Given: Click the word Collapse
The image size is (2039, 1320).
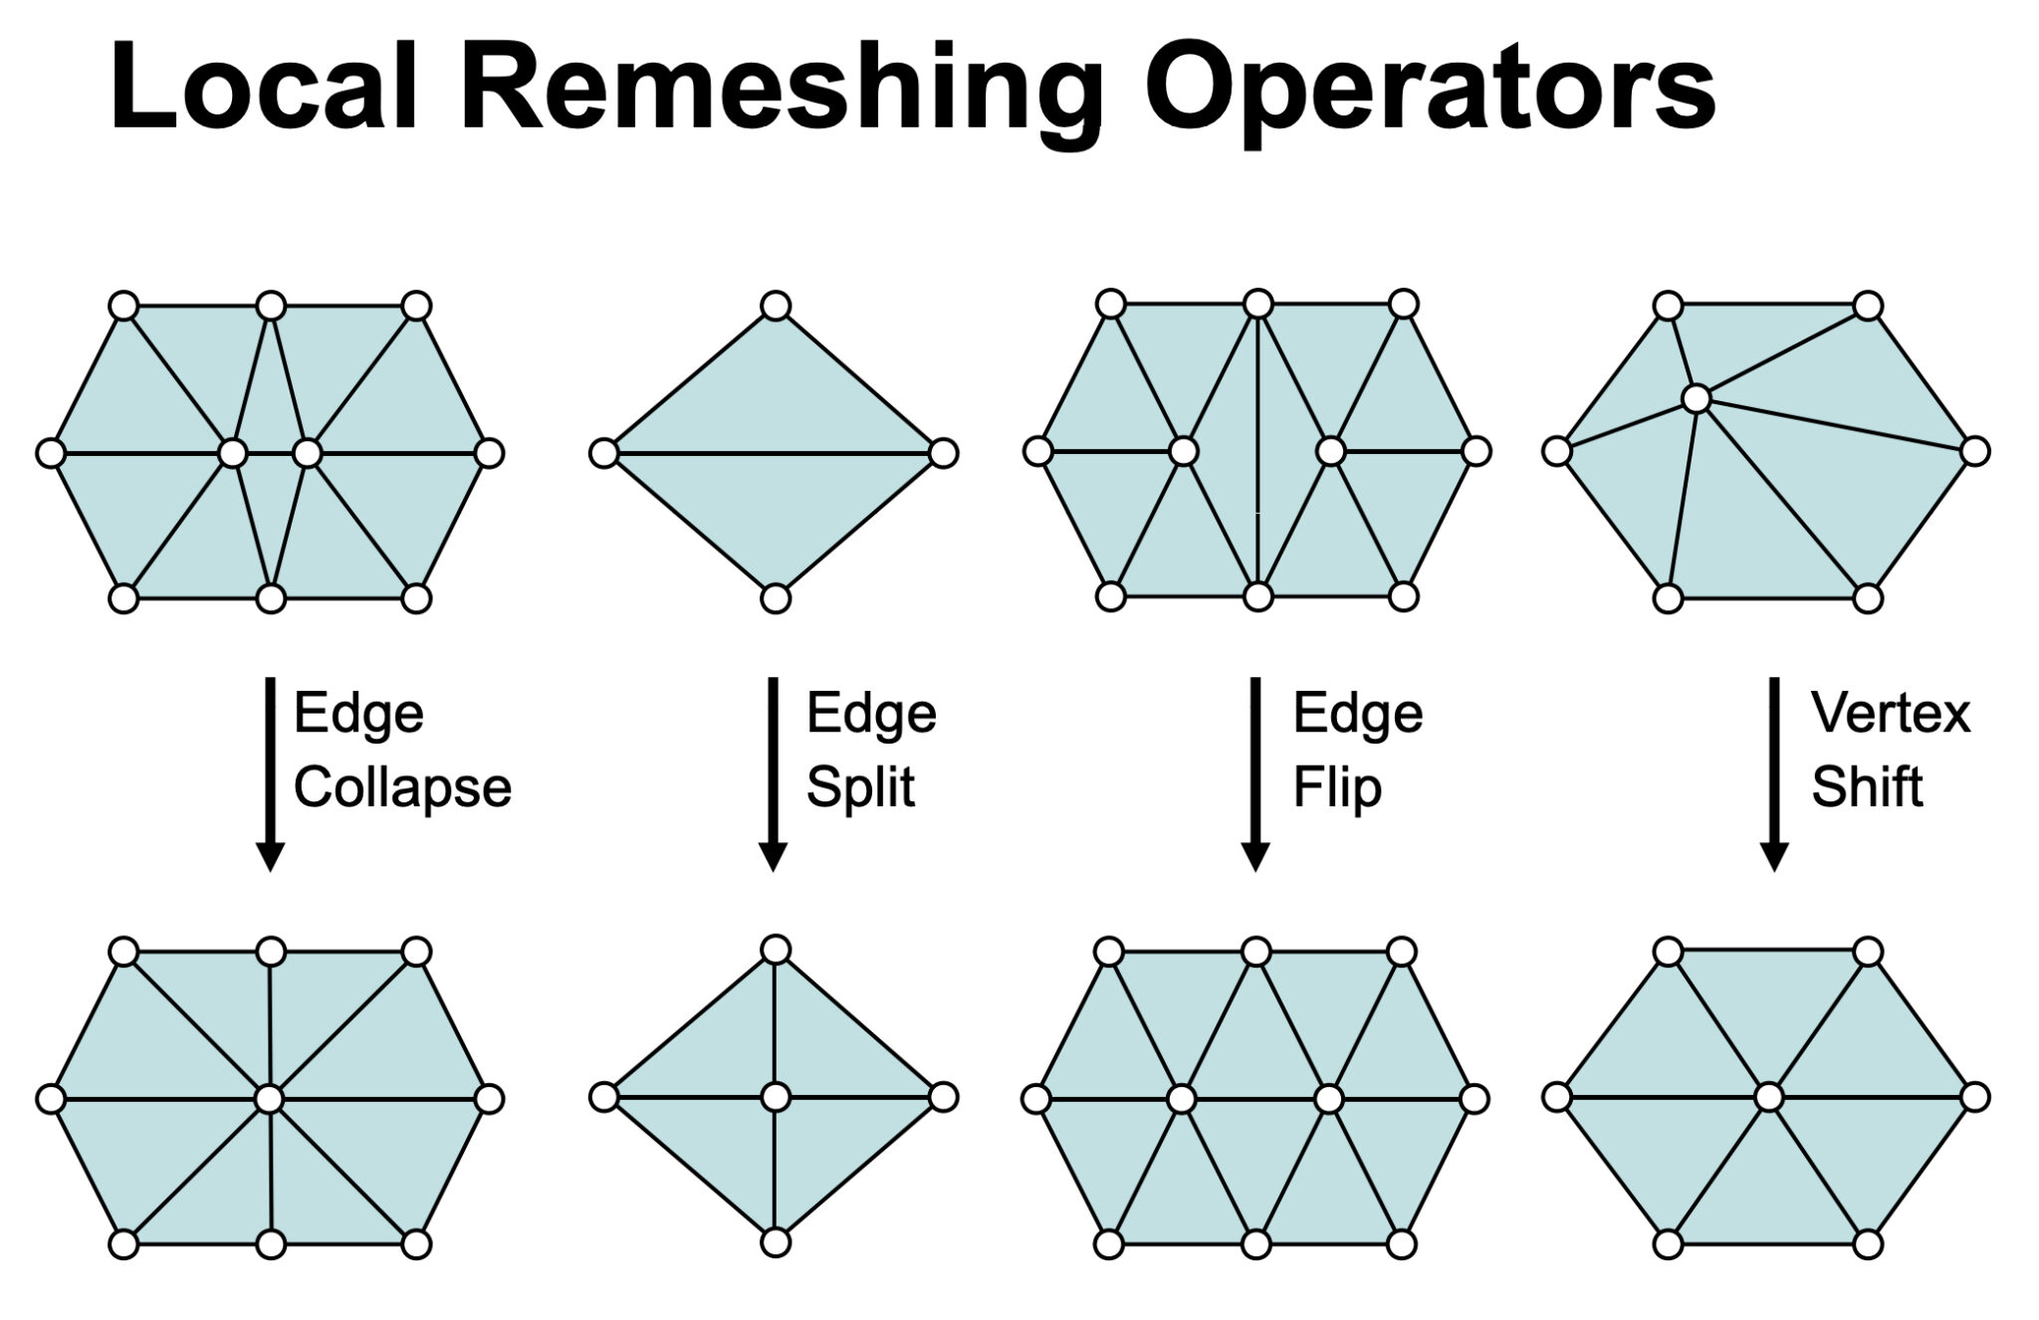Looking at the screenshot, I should [x=402, y=787].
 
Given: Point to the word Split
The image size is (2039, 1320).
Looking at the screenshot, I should [x=860, y=787].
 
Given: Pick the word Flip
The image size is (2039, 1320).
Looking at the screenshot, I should [x=1337, y=787].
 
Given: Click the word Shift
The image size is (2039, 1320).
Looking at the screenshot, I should [x=1866, y=787].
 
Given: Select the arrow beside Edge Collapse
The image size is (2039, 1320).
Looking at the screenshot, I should [x=270, y=772].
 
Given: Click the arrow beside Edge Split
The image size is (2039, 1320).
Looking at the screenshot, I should [x=774, y=772].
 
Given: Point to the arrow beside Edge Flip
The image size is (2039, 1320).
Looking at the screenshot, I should [x=1255, y=772].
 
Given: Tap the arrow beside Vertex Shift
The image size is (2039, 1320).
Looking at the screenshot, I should [x=1774, y=772].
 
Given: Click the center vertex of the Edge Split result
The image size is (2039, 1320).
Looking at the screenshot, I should [x=776, y=1097].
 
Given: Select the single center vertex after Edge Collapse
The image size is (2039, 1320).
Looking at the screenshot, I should [x=270, y=1099].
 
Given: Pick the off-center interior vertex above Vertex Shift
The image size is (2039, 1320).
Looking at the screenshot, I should [x=1697, y=399].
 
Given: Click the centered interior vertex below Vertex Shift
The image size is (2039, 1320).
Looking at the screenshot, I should [x=1768, y=1098].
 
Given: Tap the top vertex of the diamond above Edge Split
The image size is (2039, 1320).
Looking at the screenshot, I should [x=776, y=305].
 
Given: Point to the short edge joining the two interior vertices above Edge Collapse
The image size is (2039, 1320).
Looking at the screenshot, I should [x=270, y=454].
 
